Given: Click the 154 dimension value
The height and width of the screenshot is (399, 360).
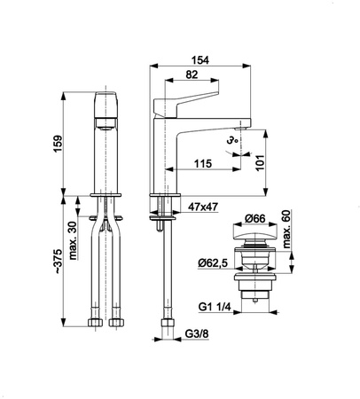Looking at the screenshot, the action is (x=200, y=60).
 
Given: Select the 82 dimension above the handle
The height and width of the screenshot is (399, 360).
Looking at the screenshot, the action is (x=192, y=74).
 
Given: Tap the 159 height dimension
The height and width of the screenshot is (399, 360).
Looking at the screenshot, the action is (x=58, y=144).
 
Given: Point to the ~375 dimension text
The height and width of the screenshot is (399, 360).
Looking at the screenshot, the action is (x=58, y=261).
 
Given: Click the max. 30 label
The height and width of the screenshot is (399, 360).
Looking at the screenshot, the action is (x=73, y=240).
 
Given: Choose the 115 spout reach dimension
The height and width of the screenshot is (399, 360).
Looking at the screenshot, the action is (x=203, y=163).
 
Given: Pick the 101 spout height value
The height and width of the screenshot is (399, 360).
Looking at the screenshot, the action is (x=260, y=162).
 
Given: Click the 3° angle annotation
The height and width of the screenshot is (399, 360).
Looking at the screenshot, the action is (x=232, y=141).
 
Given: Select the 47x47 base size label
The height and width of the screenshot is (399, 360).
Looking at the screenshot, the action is (x=203, y=207).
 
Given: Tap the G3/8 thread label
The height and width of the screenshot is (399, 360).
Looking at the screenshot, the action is (x=197, y=334).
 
